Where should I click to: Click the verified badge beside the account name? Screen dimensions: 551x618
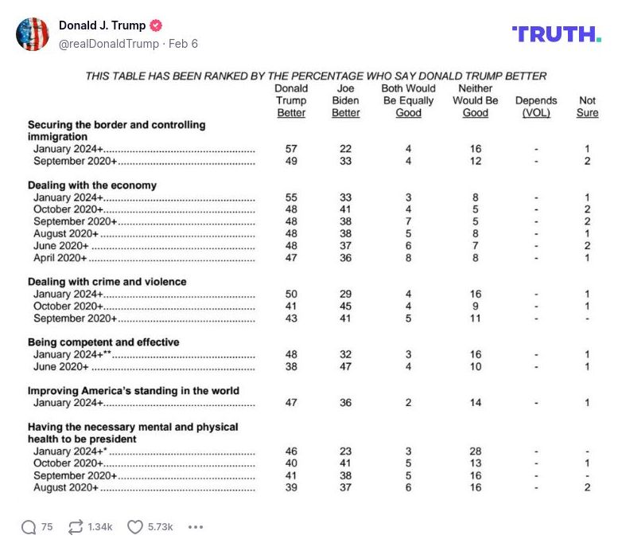click(x=157, y=25)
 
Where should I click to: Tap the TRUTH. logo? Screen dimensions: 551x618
click(x=556, y=33)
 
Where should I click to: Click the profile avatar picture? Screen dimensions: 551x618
click(x=33, y=34)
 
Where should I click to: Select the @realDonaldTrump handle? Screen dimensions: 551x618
click(x=108, y=44)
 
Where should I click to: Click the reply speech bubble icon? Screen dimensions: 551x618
click(x=29, y=526)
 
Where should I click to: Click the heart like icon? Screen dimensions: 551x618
click(x=135, y=526)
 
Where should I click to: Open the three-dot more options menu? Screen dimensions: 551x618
click(x=196, y=526)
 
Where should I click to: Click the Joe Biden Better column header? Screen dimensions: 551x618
click(x=345, y=101)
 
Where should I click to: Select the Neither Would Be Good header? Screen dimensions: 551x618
click(x=475, y=101)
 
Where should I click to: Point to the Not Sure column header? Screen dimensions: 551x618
click(x=587, y=107)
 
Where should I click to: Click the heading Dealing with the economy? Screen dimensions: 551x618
click(x=92, y=186)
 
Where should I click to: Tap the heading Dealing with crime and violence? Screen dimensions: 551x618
click(x=107, y=281)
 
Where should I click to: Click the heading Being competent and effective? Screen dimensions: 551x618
click(x=103, y=342)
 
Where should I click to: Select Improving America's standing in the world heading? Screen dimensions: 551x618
click(x=134, y=391)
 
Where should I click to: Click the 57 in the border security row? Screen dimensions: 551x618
click(x=291, y=150)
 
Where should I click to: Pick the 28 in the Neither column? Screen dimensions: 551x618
click(x=475, y=451)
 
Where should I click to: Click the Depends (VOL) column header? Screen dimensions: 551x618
click(x=536, y=107)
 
